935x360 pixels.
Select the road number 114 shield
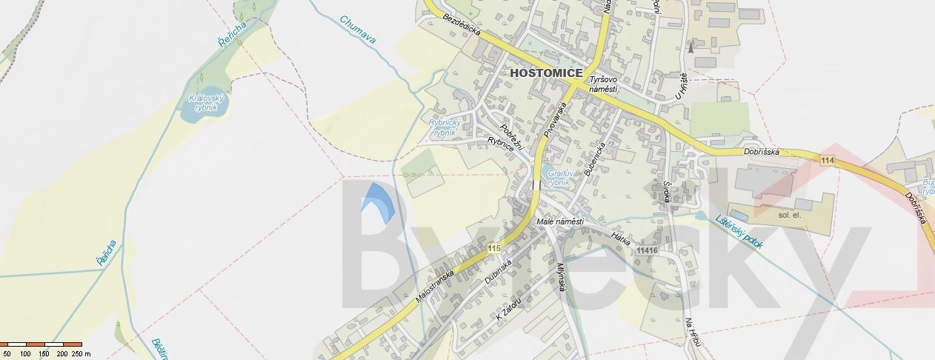pos(828,160)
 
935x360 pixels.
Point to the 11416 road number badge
pos(647,250)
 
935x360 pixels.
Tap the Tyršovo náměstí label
pos(603,84)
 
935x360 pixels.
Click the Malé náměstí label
pos(559,221)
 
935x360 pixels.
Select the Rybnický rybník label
pos(445,127)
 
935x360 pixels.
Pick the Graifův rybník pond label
pos(559,177)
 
